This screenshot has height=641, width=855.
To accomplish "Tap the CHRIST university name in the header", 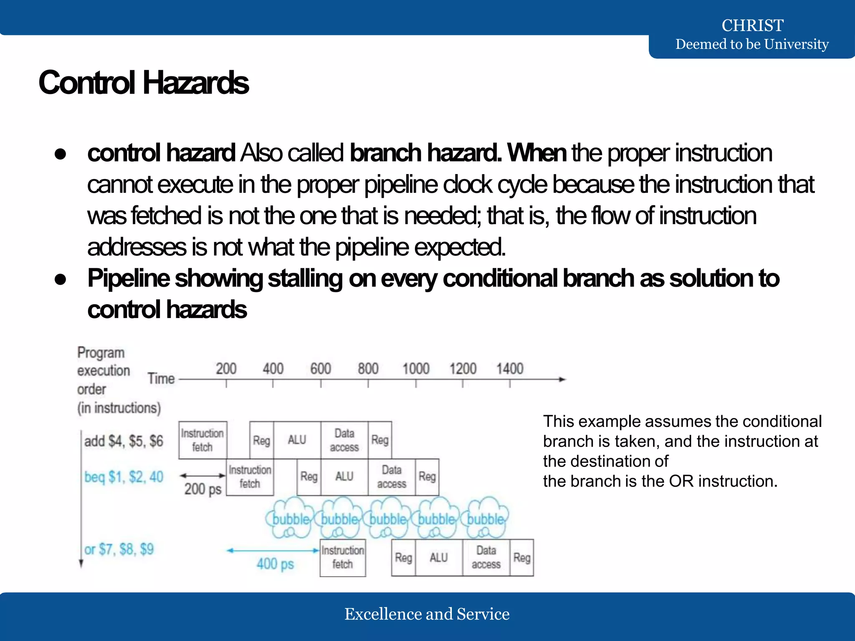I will point(752,25).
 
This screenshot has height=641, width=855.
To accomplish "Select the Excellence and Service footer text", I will point(427,614).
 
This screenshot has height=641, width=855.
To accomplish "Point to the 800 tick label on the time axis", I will point(368,368).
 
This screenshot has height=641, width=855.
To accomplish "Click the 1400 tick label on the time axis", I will point(509,368).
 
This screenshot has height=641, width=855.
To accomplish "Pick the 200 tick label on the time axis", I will point(226,368).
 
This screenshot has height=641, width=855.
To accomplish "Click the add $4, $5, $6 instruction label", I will point(124,441).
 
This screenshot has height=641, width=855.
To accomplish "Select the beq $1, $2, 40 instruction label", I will point(124,477).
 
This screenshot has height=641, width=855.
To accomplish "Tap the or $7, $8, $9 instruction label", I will point(119,549).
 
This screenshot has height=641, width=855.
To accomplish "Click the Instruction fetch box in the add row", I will point(202,440).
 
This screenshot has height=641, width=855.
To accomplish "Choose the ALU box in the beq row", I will point(344,477).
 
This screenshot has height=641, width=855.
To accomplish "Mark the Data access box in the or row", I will point(486,558).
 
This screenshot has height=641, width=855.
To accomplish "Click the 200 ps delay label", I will point(203,489).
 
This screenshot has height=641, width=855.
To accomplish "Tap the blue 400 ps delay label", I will point(275,564).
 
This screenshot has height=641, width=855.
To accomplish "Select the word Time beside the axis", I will point(161,379).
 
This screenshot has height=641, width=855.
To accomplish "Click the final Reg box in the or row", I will point(521,558).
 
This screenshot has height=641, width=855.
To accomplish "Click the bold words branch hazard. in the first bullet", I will point(425,153).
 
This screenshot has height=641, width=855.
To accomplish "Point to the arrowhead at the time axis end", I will point(563,379).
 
